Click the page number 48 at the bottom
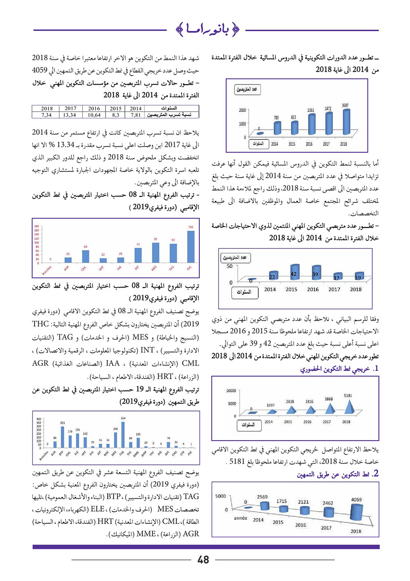(x=203, y=560)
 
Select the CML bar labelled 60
(x=85, y=256)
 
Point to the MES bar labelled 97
(x=155, y=253)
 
